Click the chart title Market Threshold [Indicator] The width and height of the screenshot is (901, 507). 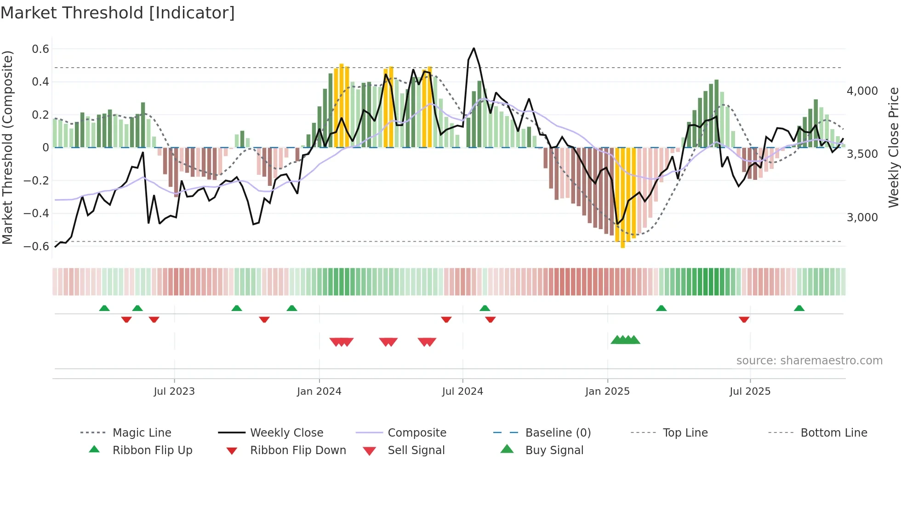tap(118, 13)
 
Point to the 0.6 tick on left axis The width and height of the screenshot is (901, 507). tap(40, 49)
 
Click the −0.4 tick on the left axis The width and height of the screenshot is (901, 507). tap(37, 213)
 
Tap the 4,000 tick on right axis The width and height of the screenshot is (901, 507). tap(862, 91)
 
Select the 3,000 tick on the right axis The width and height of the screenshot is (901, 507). tap(862, 218)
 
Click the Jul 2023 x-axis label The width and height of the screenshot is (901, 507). tap(174, 392)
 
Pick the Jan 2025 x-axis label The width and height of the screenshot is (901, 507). tap(607, 392)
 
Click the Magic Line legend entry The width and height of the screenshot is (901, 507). tap(142, 433)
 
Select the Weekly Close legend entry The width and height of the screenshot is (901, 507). tap(286, 433)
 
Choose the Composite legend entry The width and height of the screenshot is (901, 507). tap(417, 433)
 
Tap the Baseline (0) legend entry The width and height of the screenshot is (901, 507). tap(558, 433)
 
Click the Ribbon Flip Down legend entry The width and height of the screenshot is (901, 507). tap(298, 450)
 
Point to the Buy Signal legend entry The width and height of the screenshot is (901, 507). tap(554, 450)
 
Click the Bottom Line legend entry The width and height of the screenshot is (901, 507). tap(833, 433)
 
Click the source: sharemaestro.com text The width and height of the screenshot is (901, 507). tap(809, 361)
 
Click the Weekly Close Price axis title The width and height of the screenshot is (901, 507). tap(893, 147)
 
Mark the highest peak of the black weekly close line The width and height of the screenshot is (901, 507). tap(473, 48)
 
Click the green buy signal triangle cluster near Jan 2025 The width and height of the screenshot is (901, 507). tap(625, 340)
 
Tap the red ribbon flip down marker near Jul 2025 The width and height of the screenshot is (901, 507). tap(744, 319)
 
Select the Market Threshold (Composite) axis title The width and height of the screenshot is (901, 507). tap(7, 147)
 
